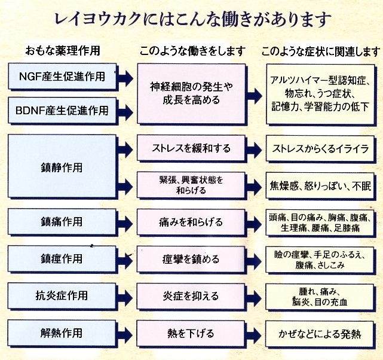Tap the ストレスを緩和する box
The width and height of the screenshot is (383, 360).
click(191, 148)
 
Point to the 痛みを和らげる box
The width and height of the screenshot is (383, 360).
click(191, 222)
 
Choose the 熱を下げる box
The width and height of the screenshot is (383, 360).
click(191, 332)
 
